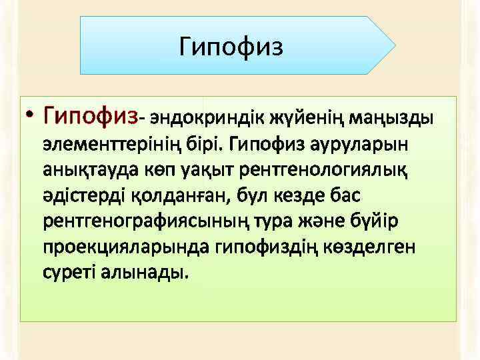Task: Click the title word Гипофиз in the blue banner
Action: pyautogui.click(x=231, y=47)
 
